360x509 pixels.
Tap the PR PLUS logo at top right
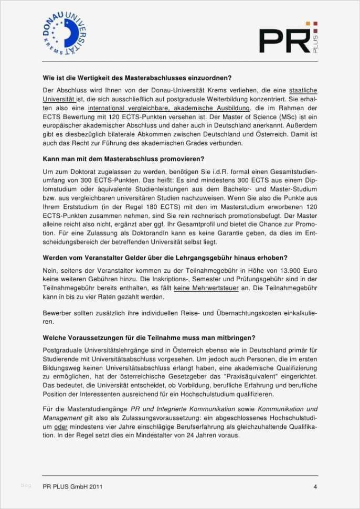(x=289, y=39)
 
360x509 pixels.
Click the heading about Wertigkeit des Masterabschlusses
(x=137, y=77)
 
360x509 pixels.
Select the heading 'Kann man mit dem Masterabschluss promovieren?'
(x=123, y=158)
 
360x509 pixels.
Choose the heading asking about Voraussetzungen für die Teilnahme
(x=149, y=337)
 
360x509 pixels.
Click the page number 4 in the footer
(x=315, y=486)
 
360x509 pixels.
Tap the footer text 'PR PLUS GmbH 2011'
(x=72, y=486)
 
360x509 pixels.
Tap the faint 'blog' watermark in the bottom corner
(x=26, y=485)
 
